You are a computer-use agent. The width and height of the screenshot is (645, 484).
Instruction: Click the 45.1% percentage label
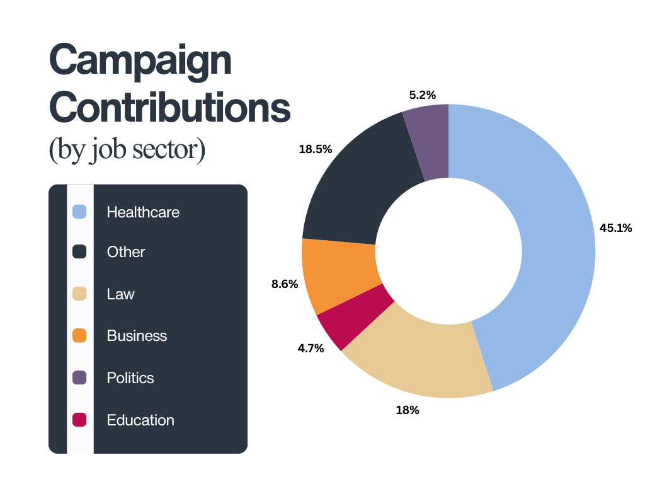tap(615, 228)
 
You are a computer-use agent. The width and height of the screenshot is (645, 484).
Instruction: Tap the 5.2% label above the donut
tap(422, 95)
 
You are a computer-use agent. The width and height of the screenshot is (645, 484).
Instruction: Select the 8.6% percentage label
tap(284, 284)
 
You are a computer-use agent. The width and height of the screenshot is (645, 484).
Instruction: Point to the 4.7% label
tap(311, 348)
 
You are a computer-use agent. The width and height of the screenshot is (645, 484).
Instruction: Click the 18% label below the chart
tap(407, 410)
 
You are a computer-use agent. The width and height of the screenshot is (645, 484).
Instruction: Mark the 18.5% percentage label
tap(316, 149)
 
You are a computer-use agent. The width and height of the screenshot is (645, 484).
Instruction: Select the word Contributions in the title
tap(169, 108)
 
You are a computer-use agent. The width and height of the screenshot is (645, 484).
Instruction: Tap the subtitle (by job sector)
tap(127, 151)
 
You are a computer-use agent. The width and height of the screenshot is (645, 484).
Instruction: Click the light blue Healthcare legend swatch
tap(79, 212)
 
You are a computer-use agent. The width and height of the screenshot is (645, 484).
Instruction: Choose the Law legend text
tap(120, 294)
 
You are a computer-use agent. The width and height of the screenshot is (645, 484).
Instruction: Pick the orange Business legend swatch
tap(79, 335)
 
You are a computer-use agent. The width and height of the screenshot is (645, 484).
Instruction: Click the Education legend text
tap(140, 420)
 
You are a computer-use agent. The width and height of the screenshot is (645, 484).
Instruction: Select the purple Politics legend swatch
tap(79, 377)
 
